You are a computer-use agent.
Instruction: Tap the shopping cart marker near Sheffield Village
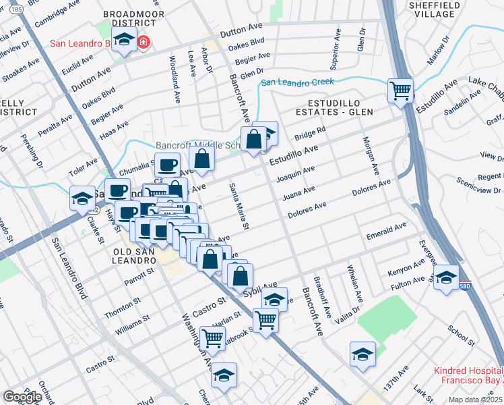pyautogui.click(x=400, y=90)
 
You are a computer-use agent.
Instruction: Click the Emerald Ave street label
pyautogui.click(x=386, y=234)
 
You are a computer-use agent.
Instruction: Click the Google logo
pyautogui.click(x=22, y=396)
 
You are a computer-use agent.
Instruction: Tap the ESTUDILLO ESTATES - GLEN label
pyautogui.click(x=340, y=106)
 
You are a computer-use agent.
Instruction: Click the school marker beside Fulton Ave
pyautogui.click(x=445, y=277)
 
